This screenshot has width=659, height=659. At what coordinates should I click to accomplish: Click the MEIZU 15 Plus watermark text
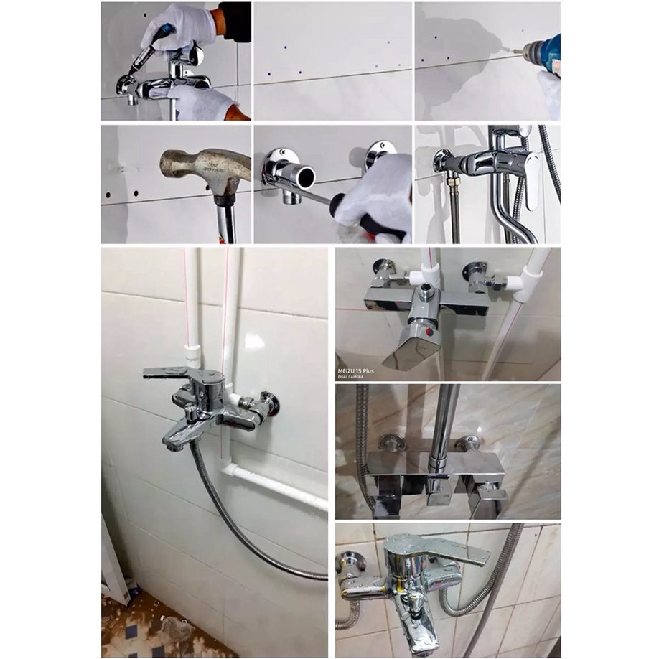point(356,370)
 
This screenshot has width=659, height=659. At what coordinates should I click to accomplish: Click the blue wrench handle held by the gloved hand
point(164,32)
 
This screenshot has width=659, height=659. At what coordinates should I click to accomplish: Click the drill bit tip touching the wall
point(513,51)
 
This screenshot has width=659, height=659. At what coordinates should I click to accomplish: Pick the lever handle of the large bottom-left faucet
point(172,373)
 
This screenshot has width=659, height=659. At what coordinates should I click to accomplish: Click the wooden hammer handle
point(226,219)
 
